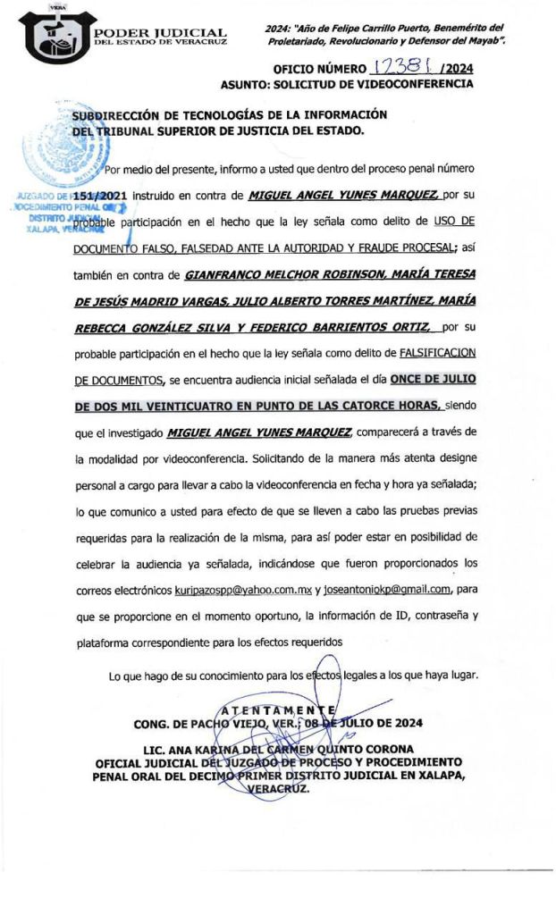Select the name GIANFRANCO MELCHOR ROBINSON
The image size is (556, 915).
(x=285, y=276)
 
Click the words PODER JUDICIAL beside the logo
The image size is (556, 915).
(x=160, y=33)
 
